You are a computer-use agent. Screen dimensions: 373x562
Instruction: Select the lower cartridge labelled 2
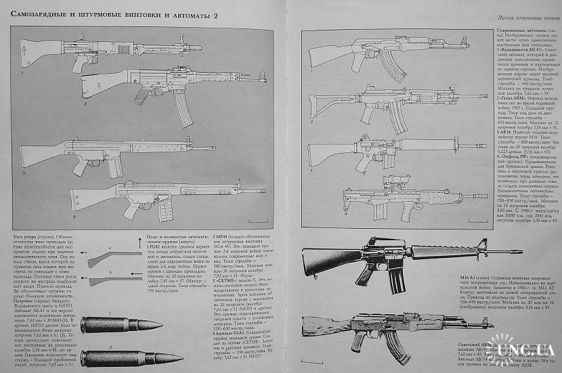111,357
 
